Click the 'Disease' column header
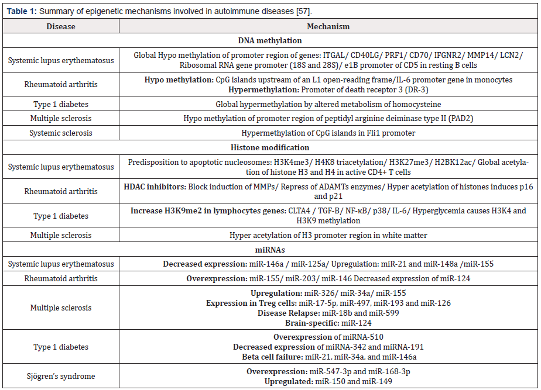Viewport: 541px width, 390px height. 60,26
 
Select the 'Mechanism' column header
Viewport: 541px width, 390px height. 328,26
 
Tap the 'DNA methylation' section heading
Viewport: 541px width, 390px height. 270,41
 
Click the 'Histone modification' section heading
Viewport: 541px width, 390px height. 270,148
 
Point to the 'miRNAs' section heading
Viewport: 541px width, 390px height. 270,250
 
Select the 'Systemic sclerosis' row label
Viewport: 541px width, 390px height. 60,133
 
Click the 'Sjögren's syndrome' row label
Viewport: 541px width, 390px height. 60,376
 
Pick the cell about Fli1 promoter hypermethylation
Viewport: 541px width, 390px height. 328,133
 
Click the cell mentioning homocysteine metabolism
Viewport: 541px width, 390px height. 328,104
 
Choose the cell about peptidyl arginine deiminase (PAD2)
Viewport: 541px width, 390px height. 328,119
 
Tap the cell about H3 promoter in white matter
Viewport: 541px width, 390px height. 328,235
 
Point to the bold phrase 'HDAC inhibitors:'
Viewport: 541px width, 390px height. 155,186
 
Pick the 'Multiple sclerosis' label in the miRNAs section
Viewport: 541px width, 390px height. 60,308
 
